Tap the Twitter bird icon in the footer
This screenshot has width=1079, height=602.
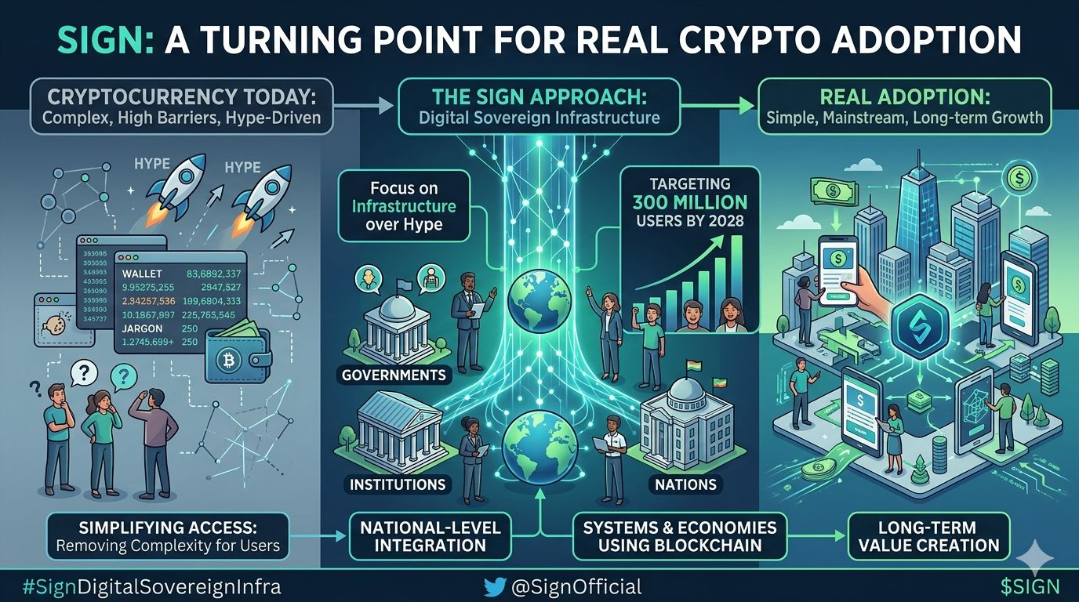[495, 586]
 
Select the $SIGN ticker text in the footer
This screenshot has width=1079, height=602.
[1030, 586]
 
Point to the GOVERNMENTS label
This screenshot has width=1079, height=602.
[394, 375]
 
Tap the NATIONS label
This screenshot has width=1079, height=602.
[686, 484]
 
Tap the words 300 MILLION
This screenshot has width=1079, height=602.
[690, 202]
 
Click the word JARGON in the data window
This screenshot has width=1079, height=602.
[143, 328]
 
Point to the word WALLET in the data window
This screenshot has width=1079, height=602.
[143, 274]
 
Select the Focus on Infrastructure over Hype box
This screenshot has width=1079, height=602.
[404, 206]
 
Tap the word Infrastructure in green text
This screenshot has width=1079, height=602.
[404, 207]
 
